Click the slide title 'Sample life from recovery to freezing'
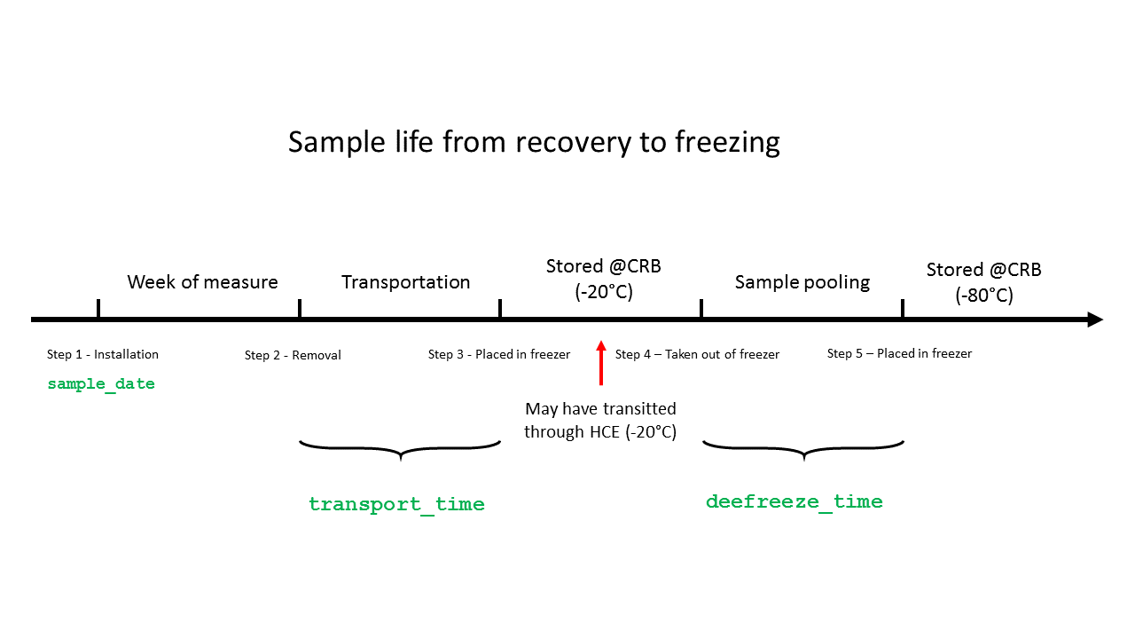point(534,142)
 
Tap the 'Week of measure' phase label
point(202,282)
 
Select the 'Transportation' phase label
point(406,282)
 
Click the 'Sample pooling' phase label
point(802,282)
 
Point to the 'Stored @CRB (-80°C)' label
point(984,282)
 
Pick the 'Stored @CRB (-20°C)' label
point(604,279)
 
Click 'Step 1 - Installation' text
point(103,354)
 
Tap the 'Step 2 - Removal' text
point(293,355)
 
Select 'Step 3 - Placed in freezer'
point(499,354)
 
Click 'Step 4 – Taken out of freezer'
point(697,354)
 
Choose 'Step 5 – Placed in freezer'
point(899,353)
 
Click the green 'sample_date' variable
point(101,384)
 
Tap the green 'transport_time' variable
point(396,504)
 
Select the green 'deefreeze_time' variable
point(794,501)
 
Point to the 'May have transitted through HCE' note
point(600,421)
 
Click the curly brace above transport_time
point(401,449)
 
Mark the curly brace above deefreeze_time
point(803,449)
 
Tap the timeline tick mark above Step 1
point(98,309)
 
